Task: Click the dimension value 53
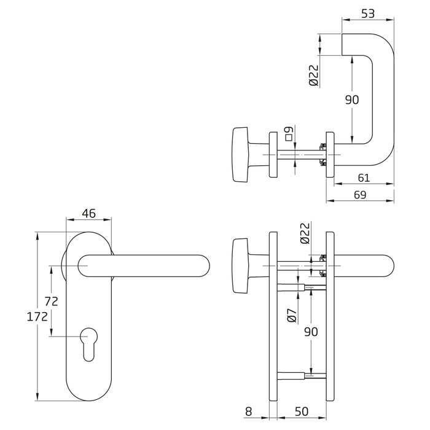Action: point(367,14)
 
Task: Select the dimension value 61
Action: point(364,178)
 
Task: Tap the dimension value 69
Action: point(360,195)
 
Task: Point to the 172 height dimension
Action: point(37,317)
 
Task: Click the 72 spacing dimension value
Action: point(51,302)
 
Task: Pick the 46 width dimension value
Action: point(89,213)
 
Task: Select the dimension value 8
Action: point(248,412)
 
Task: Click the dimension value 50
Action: point(302,412)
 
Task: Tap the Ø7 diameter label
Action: point(292,315)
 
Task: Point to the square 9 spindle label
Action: point(289,133)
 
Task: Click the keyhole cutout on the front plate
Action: point(88,344)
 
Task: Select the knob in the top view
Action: point(241,154)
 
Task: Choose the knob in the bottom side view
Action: point(241,266)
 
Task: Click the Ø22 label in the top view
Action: point(314,76)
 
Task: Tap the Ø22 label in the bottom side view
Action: point(305,233)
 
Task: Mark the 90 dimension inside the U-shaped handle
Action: point(352,100)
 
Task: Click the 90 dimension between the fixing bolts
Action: point(311,332)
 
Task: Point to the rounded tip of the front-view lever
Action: point(209,265)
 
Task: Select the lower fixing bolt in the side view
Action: point(302,375)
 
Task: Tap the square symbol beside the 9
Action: point(289,138)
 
